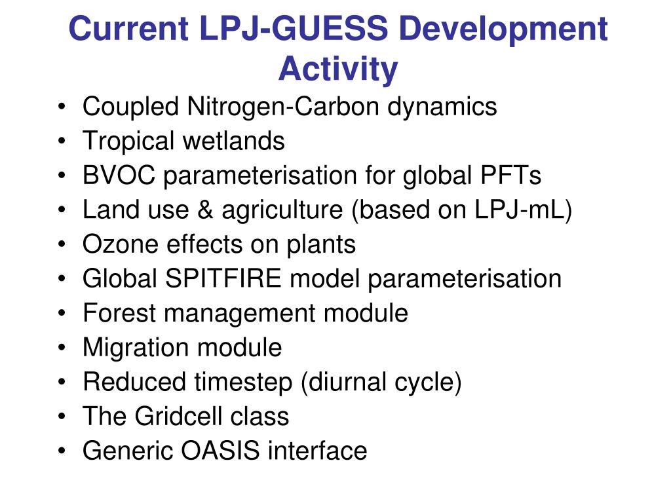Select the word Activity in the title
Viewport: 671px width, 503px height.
[x=338, y=68]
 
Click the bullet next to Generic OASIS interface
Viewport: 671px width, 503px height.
[x=61, y=451]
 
